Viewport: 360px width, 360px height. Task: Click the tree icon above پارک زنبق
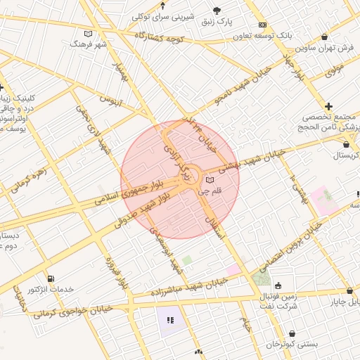tap(217, 10)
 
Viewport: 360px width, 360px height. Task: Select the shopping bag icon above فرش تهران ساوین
tap(324, 37)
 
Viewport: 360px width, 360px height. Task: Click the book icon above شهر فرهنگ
tap(87, 33)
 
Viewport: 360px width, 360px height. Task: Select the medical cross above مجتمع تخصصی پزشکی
tap(328, 106)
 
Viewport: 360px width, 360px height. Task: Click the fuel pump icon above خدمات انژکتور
tap(49, 278)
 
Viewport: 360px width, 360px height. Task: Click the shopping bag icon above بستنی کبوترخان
tap(291, 334)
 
